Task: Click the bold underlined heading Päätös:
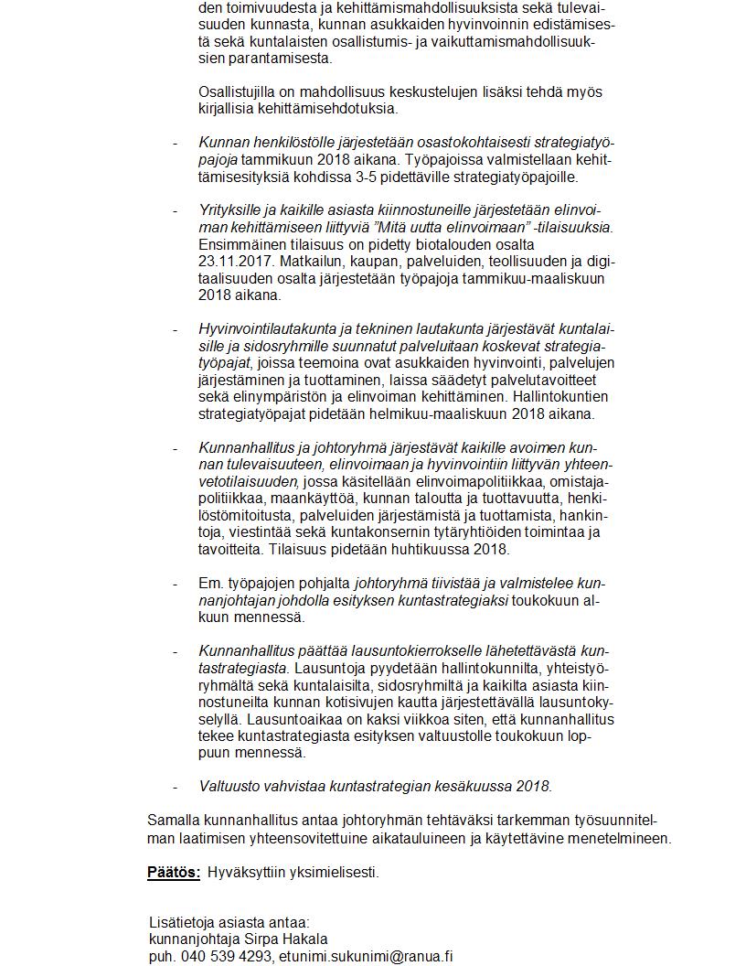(x=174, y=873)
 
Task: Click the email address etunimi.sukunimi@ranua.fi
(x=366, y=956)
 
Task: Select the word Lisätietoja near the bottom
(x=183, y=922)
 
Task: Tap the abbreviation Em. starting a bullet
(x=209, y=583)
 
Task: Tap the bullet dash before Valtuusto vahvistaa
(x=175, y=786)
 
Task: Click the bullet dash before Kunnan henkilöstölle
(x=175, y=143)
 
